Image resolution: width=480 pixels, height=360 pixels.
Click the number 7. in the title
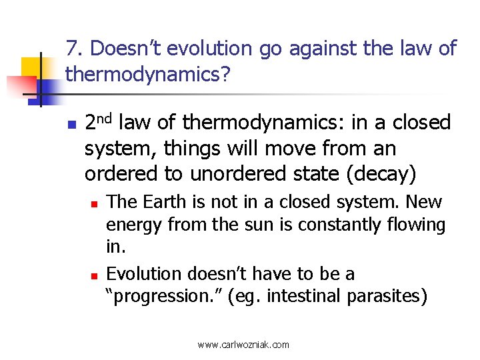(74, 49)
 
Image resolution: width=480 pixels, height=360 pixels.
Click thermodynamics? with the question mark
(148, 75)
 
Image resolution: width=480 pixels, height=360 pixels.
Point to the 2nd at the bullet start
(101, 121)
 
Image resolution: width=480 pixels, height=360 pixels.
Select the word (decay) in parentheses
(379, 173)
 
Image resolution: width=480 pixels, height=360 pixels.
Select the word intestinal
(304, 296)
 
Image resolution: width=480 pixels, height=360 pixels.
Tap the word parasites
(386, 296)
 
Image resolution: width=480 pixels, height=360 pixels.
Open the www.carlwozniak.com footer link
(243, 345)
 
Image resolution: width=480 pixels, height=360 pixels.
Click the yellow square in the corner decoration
(31, 69)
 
